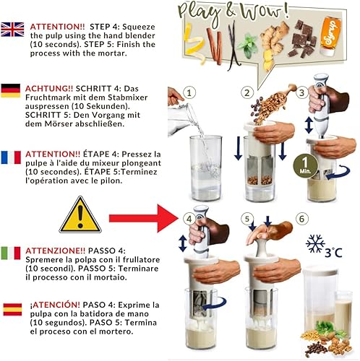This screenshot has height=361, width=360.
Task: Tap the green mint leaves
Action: tap(251, 40)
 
